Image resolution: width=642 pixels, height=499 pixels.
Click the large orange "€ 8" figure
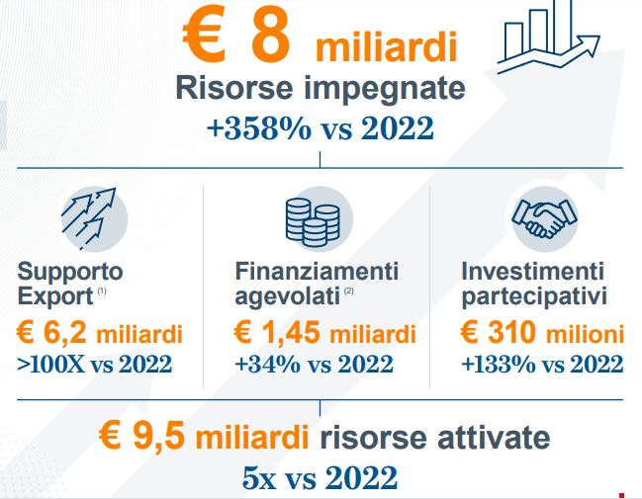(236, 35)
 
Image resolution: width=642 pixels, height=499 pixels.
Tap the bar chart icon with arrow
(549, 38)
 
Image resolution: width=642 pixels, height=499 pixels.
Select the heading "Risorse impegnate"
(321, 88)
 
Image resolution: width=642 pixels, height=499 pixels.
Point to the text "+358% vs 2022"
(321, 128)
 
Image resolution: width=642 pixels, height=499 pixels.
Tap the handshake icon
(544, 218)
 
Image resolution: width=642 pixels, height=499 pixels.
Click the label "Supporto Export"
(70, 284)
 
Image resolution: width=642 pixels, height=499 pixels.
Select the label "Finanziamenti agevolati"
(317, 284)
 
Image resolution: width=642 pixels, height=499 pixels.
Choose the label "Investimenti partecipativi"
(534, 284)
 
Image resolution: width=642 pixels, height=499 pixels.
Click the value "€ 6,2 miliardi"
(100, 333)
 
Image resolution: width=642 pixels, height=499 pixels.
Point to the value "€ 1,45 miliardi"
(325, 333)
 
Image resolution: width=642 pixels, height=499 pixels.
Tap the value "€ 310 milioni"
(542, 333)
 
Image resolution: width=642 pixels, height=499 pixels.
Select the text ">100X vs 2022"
(95, 364)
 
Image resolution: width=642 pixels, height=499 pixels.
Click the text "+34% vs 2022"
(314, 364)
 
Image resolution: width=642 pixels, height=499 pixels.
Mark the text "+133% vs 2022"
(542, 364)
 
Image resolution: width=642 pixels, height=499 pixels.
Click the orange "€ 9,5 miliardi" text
(204, 436)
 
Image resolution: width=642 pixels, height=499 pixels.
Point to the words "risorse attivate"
(435, 437)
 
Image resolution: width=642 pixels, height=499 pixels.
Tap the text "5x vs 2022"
(321, 477)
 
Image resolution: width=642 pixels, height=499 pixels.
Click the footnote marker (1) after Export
(102, 291)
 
